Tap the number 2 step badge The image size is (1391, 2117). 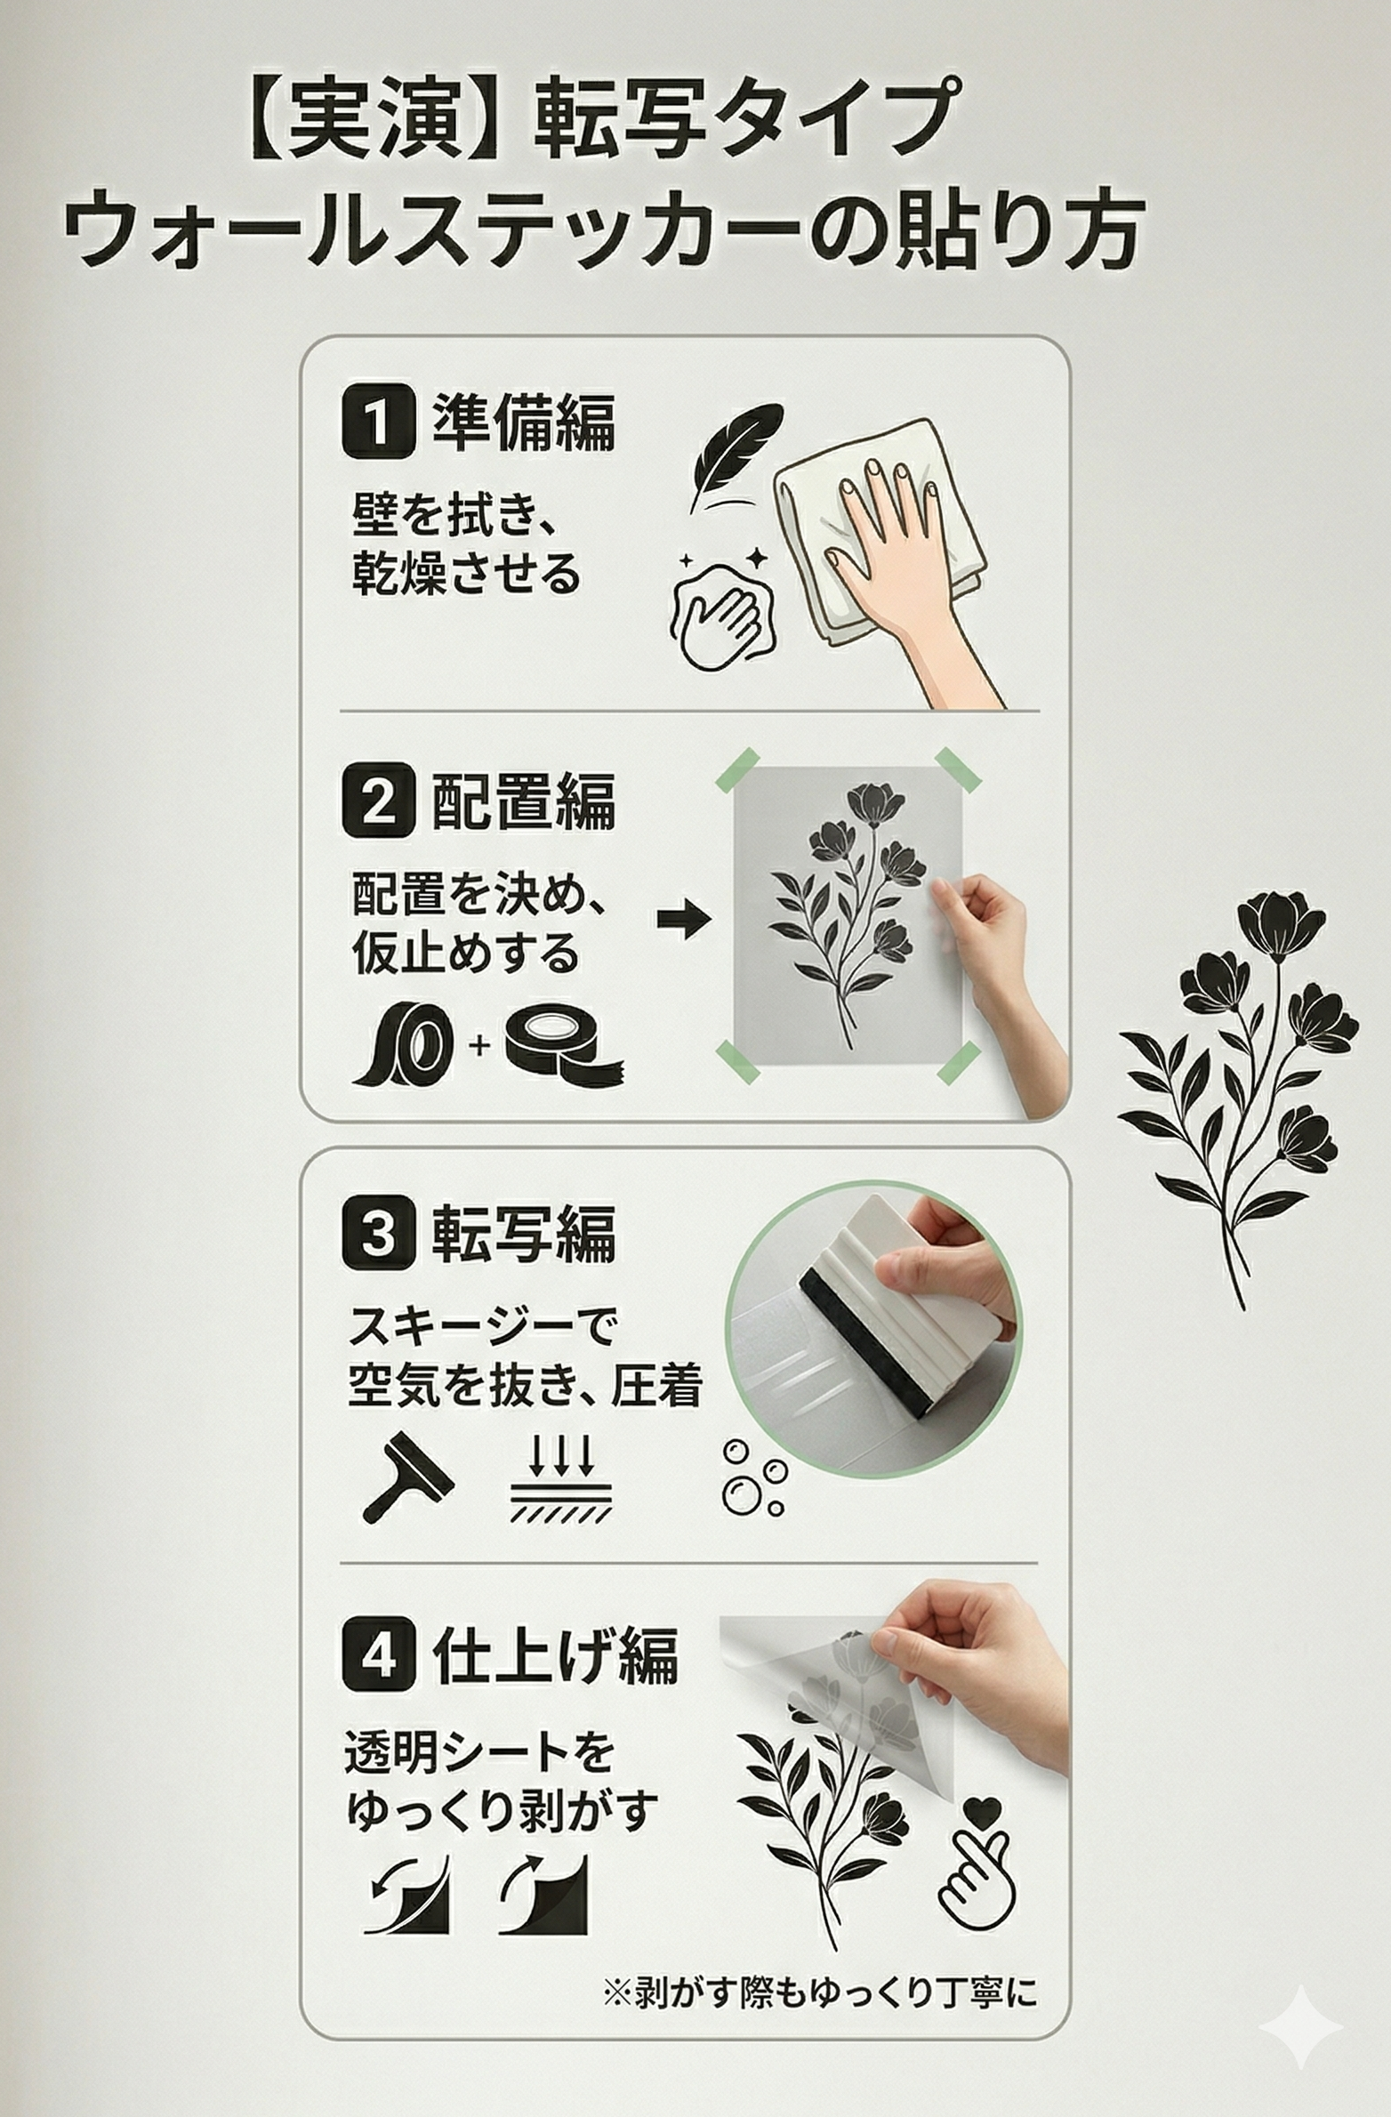pyautogui.click(x=378, y=799)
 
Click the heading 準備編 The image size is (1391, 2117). pyautogui.click(x=524, y=422)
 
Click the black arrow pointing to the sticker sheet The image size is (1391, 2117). pyautogui.click(x=683, y=919)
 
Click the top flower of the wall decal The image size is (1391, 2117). pyautogui.click(x=1281, y=926)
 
